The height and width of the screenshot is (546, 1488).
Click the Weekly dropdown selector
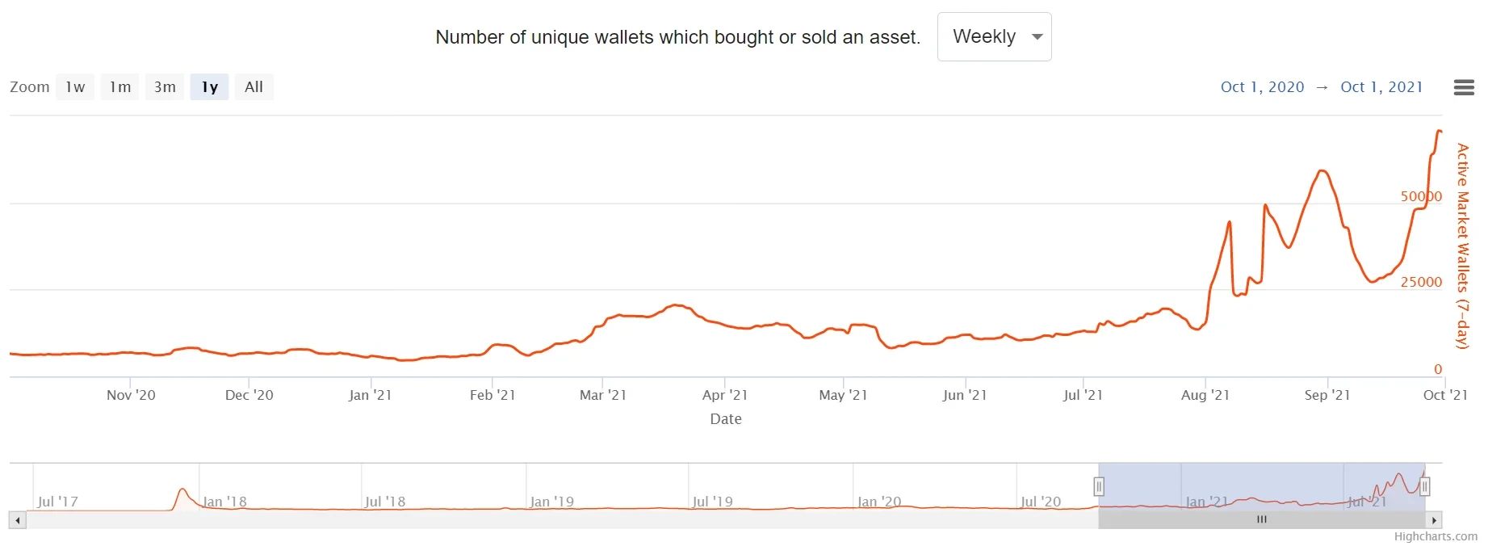tap(994, 37)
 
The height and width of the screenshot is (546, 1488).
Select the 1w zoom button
tap(75, 87)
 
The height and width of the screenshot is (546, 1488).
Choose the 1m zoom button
tap(120, 87)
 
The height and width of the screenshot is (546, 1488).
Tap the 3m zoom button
tap(165, 87)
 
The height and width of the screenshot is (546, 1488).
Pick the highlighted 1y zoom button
tap(210, 87)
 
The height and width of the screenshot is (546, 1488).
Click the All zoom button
tap(254, 87)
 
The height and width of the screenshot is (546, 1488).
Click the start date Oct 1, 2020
tap(1262, 87)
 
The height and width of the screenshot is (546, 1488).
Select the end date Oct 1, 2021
tap(1381, 87)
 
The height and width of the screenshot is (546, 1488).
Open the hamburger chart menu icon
tap(1464, 87)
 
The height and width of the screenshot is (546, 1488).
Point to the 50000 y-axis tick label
tap(1421, 196)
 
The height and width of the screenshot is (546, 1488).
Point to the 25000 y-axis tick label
tap(1421, 282)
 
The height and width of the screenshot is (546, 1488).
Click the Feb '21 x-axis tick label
tap(493, 395)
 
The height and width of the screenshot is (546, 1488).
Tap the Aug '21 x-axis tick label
tap(1205, 395)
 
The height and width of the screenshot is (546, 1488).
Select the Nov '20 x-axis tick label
tap(131, 395)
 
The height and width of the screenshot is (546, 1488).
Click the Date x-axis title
tap(726, 419)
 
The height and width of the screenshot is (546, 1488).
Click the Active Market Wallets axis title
tap(1462, 246)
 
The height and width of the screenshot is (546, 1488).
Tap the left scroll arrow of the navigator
tap(18, 520)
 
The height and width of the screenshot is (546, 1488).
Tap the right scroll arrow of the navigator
tap(1434, 520)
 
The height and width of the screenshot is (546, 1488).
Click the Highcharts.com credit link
tap(1436, 536)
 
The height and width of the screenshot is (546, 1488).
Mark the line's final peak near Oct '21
tap(1439, 131)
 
